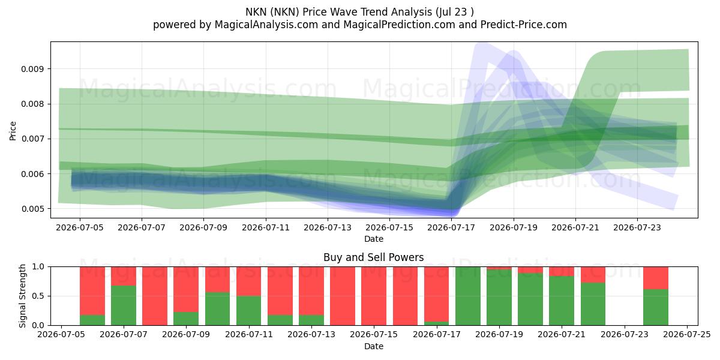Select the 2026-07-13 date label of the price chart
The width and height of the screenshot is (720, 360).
click(x=328, y=227)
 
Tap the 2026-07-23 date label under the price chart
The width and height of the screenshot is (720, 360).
click(x=637, y=227)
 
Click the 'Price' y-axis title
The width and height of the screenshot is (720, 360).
click(x=13, y=131)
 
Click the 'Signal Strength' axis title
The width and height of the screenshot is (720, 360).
click(x=22, y=296)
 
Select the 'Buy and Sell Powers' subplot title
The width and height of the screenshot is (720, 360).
click(x=373, y=257)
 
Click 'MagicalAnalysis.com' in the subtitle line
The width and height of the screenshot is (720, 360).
click(x=266, y=25)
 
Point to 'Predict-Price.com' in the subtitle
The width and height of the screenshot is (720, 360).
click(x=524, y=25)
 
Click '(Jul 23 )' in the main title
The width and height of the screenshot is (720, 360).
click(x=455, y=12)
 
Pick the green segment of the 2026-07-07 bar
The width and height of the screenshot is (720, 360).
click(x=124, y=305)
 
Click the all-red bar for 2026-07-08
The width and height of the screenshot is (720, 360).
click(x=155, y=296)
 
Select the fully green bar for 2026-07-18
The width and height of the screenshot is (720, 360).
click(x=468, y=296)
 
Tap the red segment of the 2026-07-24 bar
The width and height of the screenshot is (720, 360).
click(x=656, y=278)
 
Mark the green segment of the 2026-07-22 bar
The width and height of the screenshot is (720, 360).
click(x=593, y=304)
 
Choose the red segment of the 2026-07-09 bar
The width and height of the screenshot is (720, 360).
click(x=186, y=289)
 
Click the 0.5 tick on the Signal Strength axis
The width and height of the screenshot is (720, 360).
click(x=38, y=296)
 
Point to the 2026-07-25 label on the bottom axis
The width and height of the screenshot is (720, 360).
click(x=687, y=335)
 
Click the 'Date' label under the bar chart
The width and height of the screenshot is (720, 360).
click(x=373, y=347)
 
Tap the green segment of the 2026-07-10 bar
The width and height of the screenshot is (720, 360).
click(x=218, y=308)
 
